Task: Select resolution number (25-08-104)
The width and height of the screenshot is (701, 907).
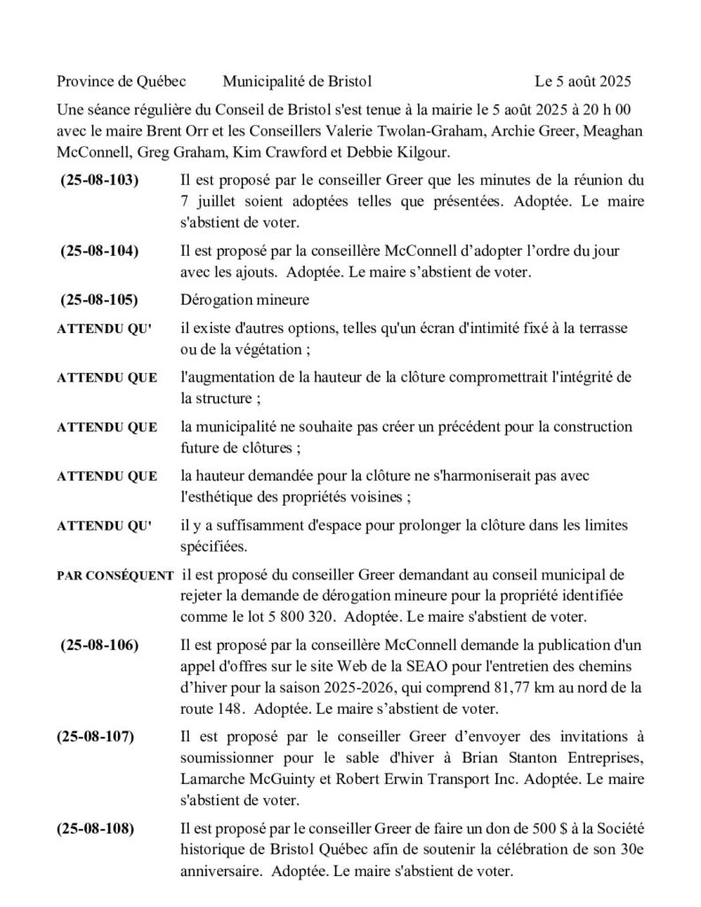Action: click(99, 251)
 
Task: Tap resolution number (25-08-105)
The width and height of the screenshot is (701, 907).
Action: click(99, 299)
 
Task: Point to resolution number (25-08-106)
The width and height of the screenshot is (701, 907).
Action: click(99, 645)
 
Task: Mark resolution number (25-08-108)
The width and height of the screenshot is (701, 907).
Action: click(96, 830)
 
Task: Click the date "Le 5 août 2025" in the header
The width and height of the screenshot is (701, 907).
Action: click(583, 82)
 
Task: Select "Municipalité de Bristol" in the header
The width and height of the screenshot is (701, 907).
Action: click(297, 82)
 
